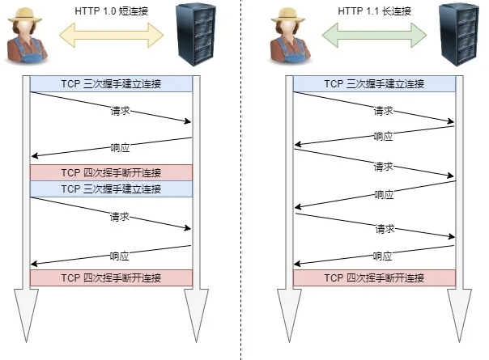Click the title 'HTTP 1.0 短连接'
(x=112, y=11)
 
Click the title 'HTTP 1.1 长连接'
(x=375, y=11)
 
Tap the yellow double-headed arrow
(x=112, y=35)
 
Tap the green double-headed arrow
(x=374, y=35)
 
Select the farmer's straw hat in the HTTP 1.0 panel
(x=25, y=15)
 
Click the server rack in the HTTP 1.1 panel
(x=459, y=34)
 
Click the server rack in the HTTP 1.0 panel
(x=196, y=34)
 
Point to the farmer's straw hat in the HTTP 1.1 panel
(x=288, y=15)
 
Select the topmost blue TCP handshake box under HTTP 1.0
(x=112, y=84)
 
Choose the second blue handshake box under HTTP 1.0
(x=112, y=188)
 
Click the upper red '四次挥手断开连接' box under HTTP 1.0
(x=112, y=172)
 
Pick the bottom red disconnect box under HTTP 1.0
(x=112, y=277)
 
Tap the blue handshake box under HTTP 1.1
(x=374, y=84)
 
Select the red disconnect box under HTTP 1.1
(x=374, y=277)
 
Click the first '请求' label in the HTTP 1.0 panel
(x=120, y=111)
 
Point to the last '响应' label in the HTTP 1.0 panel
(x=120, y=256)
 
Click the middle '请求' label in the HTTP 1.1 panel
(x=383, y=167)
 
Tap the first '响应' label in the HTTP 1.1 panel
(x=383, y=136)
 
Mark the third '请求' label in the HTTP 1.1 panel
(x=385, y=229)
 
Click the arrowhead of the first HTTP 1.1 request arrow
(x=451, y=121)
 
